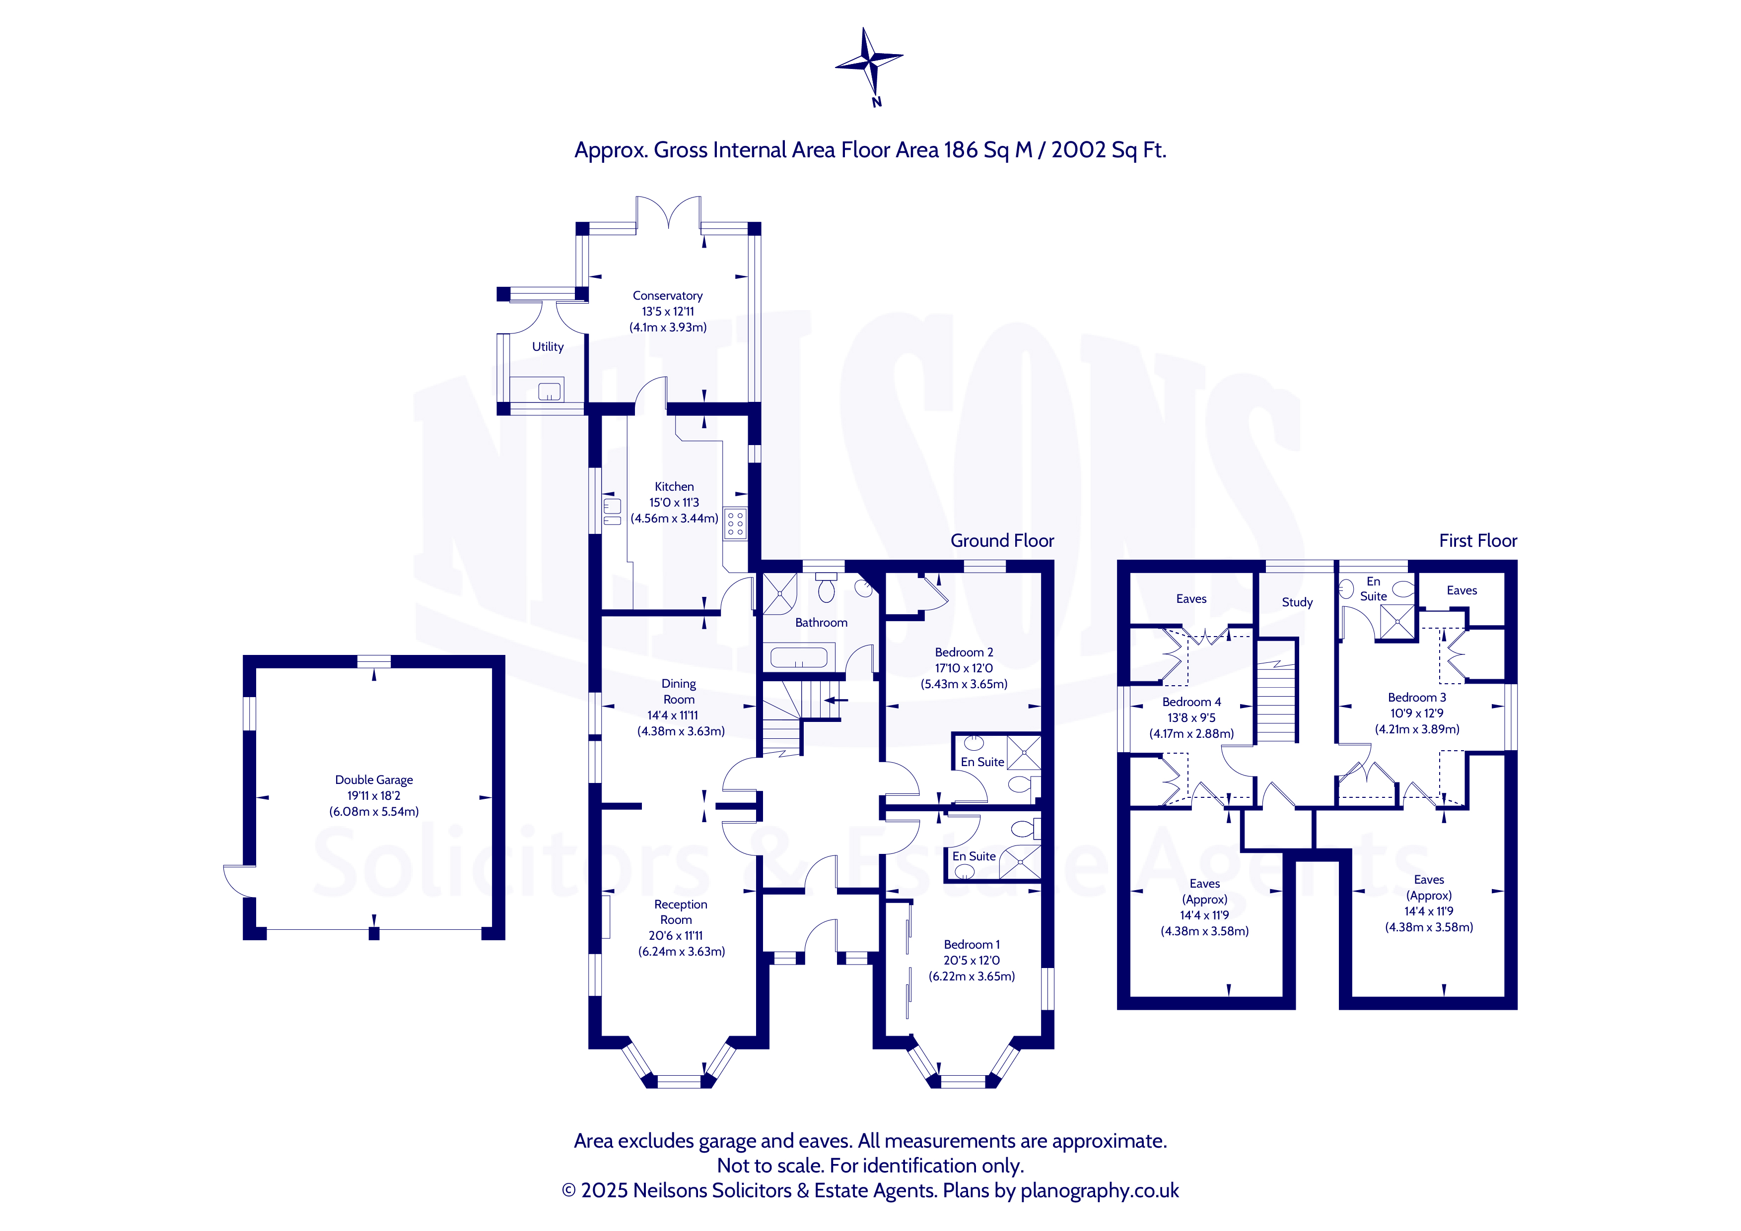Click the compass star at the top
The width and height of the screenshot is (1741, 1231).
pos(869,60)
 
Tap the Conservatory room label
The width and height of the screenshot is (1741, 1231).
pos(667,296)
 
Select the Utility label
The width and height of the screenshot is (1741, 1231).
pos(548,346)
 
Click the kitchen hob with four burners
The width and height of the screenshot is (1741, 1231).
pos(735,523)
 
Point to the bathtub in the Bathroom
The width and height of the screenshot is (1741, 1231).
pos(798,656)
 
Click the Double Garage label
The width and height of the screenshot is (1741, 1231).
pos(374,780)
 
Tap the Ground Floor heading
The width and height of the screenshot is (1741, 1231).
pos(1002,540)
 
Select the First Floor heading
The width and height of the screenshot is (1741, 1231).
pos(1478,540)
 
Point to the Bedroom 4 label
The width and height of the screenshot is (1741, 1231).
pos(1191,702)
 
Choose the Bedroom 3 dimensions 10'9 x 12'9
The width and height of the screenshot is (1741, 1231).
pos(1416,713)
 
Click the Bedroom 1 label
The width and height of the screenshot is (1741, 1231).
pos(972,945)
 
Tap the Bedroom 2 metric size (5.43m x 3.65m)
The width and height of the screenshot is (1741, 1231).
pos(964,684)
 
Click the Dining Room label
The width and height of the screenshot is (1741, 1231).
pos(679,691)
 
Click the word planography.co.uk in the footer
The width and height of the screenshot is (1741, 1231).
pos(1100,1191)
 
